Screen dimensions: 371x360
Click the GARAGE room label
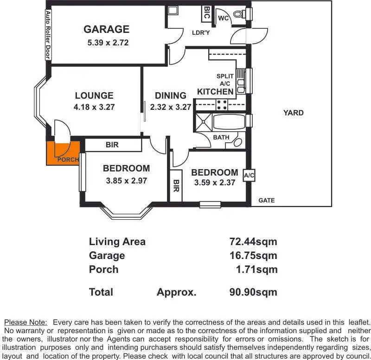[x=106, y=30]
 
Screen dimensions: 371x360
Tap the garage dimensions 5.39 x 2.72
[x=108, y=43]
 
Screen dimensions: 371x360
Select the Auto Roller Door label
[x=48, y=35]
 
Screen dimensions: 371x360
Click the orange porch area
[x=63, y=152]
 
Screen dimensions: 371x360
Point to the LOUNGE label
[x=94, y=96]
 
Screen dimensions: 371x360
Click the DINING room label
[x=171, y=96]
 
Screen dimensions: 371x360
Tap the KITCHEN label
[x=215, y=92]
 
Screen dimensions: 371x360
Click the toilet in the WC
[x=239, y=14]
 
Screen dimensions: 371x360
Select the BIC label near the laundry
[x=207, y=13]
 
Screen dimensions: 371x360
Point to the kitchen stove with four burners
[x=222, y=104]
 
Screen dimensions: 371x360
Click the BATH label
[x=221, y=138]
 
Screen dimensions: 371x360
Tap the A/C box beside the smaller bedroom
[x=249, y=175]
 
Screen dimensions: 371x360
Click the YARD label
[x=294, y=113]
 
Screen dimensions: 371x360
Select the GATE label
[x=267, y=201]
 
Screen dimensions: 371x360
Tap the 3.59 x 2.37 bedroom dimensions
[x=215, y=183]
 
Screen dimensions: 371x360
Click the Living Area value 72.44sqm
[x=253, y=241]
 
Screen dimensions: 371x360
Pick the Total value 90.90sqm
[x=253, y=292]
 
